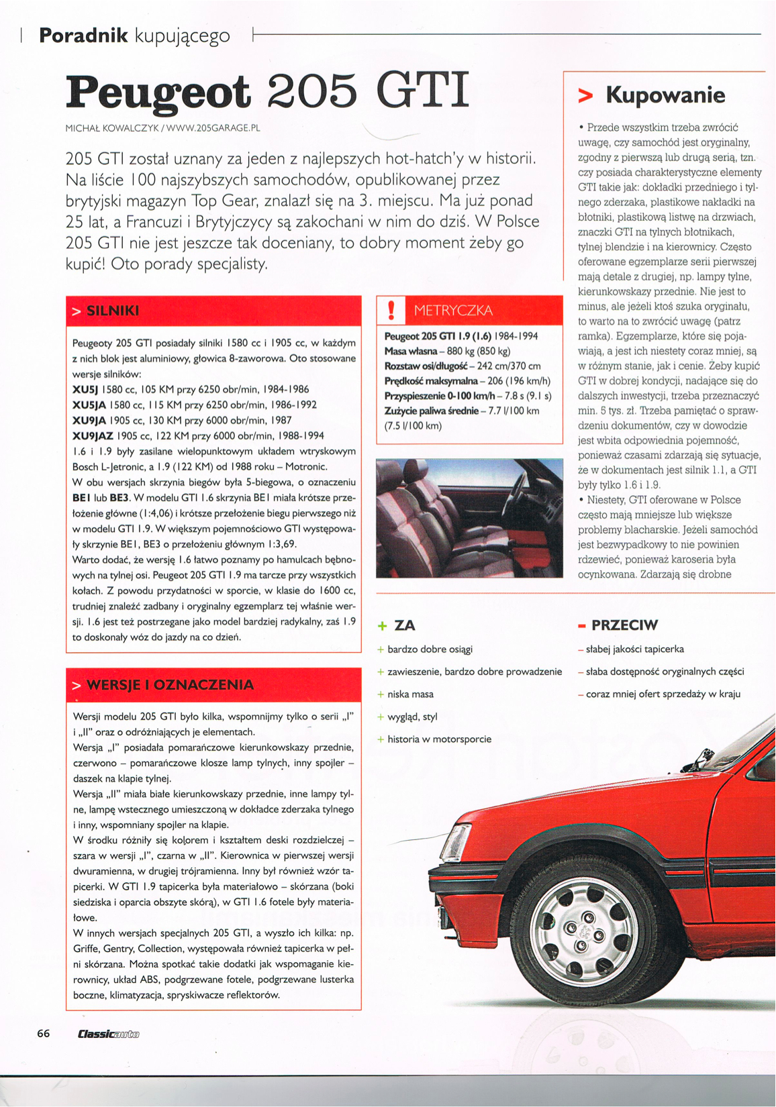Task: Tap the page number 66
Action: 44,1033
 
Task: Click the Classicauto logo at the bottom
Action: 108,1034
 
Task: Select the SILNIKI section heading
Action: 113,311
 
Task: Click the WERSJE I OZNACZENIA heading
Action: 170,685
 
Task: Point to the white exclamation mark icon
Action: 391,311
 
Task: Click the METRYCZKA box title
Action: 453,311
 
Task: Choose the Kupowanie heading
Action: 665,95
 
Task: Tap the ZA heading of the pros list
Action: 404,625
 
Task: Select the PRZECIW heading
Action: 624,625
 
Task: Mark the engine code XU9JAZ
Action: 93,435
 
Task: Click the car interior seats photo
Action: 469,518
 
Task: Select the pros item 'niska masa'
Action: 410,694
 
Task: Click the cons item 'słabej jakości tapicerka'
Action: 634,649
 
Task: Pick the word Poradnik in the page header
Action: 83,36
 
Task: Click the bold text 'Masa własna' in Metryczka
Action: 405,351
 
